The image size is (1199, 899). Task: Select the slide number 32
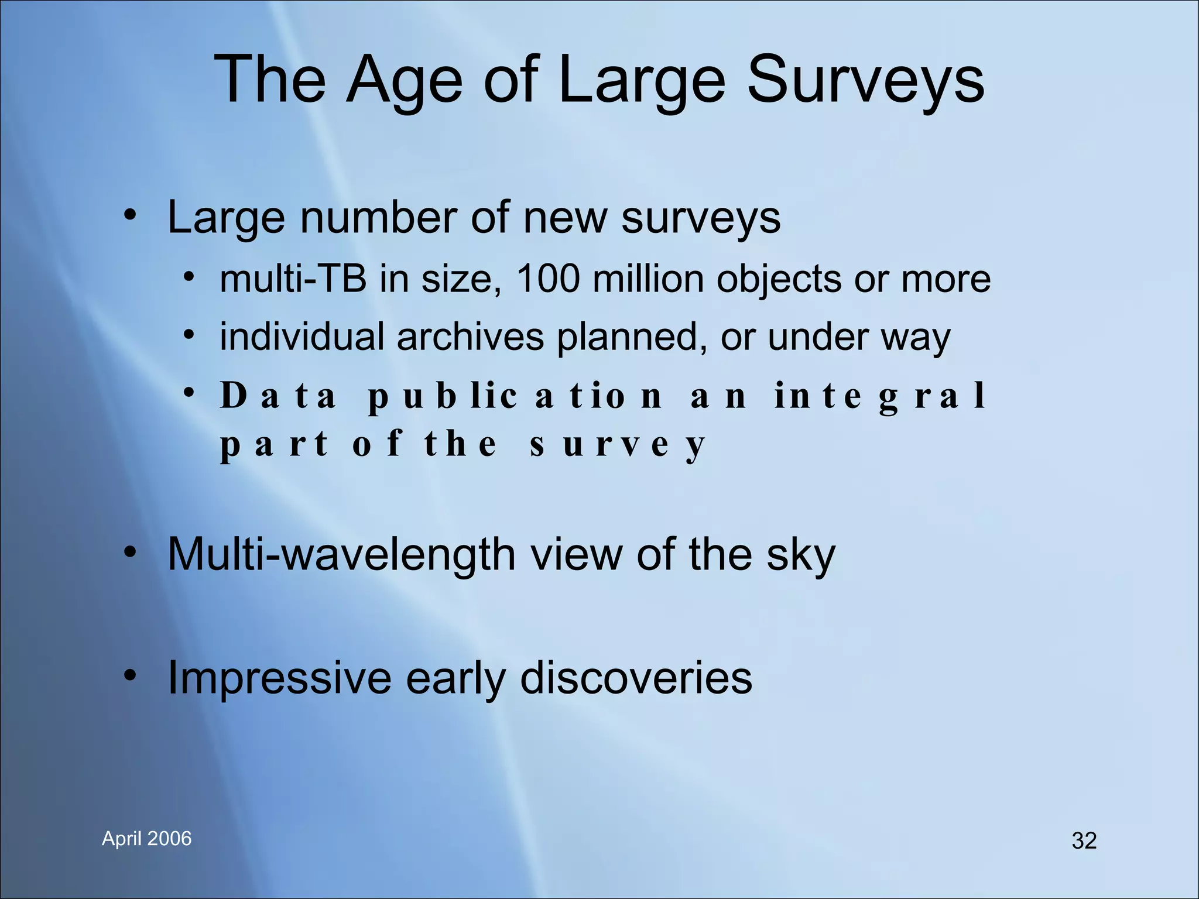[1084, 840]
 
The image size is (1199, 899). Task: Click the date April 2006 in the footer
[146, 838]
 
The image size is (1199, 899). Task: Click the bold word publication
[515, 397]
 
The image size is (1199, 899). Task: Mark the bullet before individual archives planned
[187, 335]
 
